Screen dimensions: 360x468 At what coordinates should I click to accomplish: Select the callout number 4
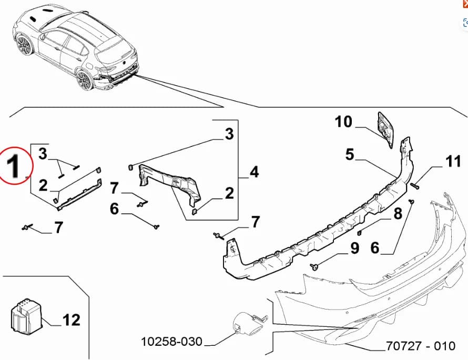[x=254, y=172]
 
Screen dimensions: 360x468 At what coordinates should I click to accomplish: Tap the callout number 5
[x=351, y=155]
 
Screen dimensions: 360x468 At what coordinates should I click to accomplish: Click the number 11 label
[x=453, y=162]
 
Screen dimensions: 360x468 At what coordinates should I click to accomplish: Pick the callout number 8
[x=398, y=213]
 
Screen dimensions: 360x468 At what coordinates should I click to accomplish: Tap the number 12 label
[x=72, y=319]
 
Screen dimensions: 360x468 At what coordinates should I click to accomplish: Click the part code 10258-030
[x=171, y=342]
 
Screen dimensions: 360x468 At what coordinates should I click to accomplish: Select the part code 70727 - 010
[x=420, y=346]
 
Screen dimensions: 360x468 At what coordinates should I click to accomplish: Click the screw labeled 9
[x=314, y=266]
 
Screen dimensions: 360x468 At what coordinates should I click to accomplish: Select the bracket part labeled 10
[x=385, y=128]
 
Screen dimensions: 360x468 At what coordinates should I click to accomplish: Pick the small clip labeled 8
[x=360, y=232]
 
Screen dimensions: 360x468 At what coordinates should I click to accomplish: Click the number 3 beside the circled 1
[x=43, y=154]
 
